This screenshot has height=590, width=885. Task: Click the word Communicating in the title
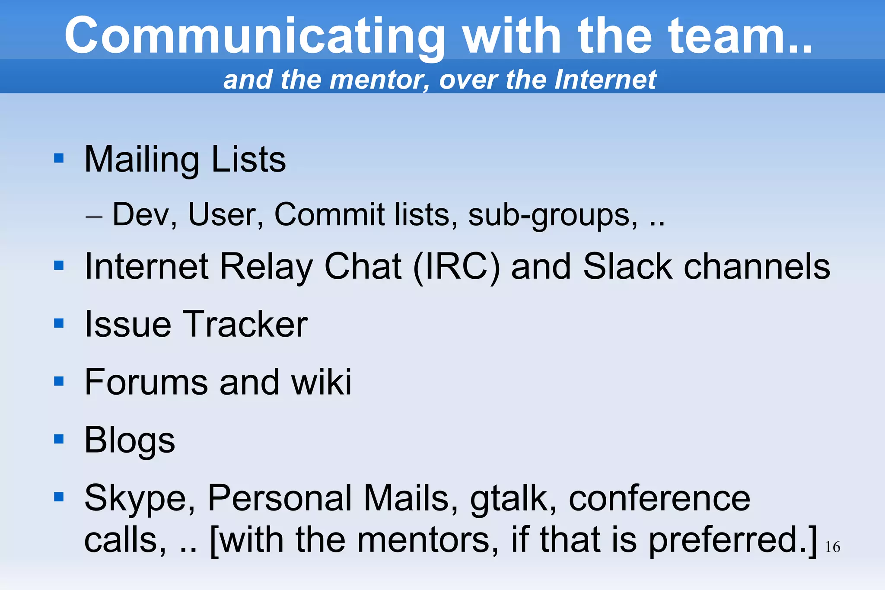tap(255, 36)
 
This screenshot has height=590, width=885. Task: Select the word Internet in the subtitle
tap(605, 80)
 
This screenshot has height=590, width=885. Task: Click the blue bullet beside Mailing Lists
tap(59, 158)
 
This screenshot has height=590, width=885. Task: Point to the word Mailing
tap(141, 160)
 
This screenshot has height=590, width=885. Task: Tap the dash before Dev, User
tap(94, 216)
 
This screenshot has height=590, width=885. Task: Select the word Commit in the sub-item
tap(329, 214)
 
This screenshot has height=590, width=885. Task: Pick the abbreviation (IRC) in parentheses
tap(456, 267)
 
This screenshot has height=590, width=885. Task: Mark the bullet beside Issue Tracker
tap(59, 323)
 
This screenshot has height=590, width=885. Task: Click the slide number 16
tap(832, 547)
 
